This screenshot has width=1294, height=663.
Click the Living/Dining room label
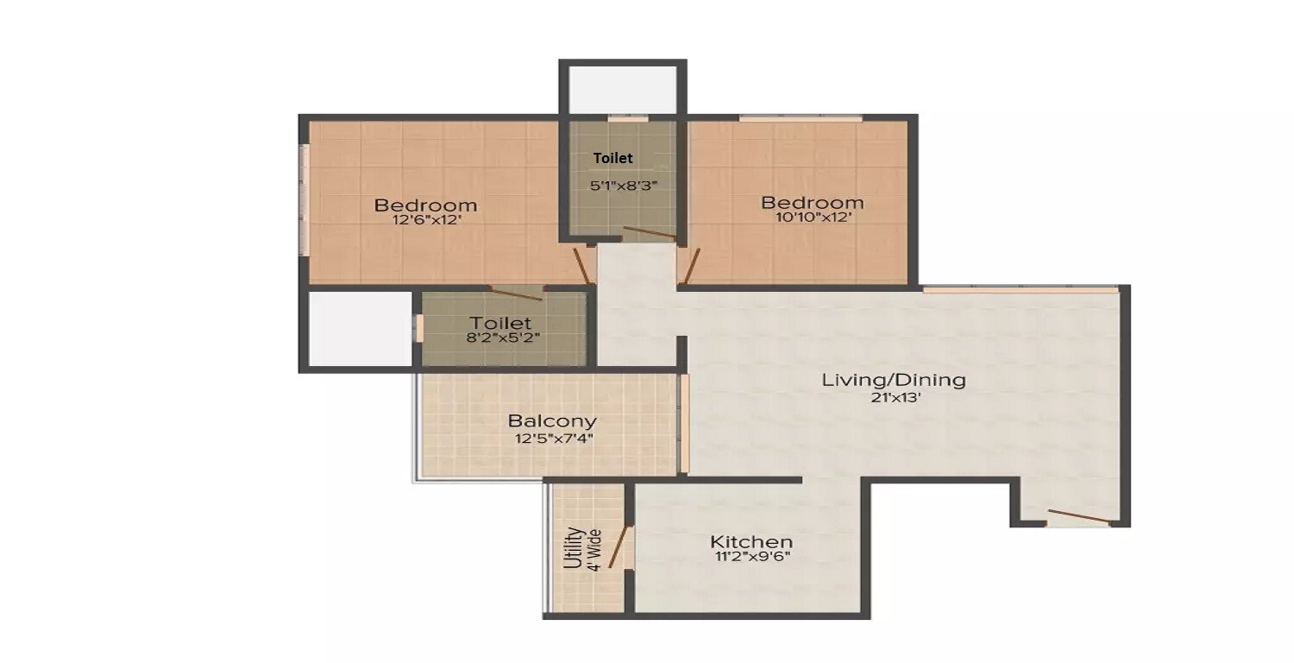[x=893, y=379]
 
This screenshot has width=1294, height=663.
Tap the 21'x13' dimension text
[x=893, y=398]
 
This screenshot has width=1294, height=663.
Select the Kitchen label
[x=751, y=541]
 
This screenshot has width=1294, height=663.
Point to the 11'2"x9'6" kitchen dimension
[x=751, y=557]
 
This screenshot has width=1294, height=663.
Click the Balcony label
[x=552, y=421]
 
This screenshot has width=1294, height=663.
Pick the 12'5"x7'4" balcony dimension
[x=552, y=439]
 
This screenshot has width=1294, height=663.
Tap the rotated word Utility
[x=572, y=547]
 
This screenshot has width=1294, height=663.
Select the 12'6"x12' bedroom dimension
[x=425, y=220]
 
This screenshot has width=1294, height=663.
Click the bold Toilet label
[x=612, y=158]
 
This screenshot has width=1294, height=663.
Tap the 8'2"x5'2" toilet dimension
[x=504, y=338]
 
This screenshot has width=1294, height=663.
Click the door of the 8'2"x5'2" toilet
[x=516, y=294]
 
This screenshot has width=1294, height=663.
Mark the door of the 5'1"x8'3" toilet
[x=649, y=232]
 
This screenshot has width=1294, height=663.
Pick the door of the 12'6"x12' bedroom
[x=582, y=266]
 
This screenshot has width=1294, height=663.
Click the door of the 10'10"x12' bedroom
[x=689, y=266]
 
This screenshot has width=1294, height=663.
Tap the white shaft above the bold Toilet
[x=622, y=88]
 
